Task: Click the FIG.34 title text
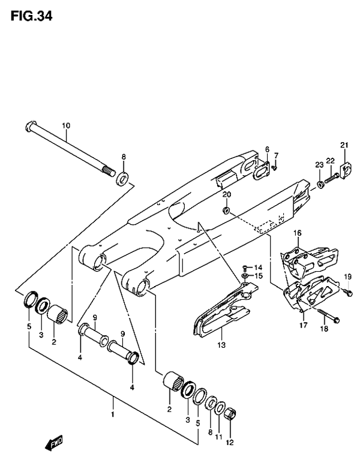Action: click(31, 16)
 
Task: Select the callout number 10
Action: click(66, 126)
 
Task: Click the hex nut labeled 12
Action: click(230, 414)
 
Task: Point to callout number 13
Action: click(221, 345)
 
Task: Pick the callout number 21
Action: click(344, 145)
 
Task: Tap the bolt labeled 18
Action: click(328, 315)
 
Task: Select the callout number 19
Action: click(347, 276)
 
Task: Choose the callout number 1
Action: click(112, 414)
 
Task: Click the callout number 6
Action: click(267, 149)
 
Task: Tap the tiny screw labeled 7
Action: click(275, 167)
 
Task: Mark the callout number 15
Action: click(259, 276)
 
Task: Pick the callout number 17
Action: click(304, 325)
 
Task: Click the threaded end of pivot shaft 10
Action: click(109, 172)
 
